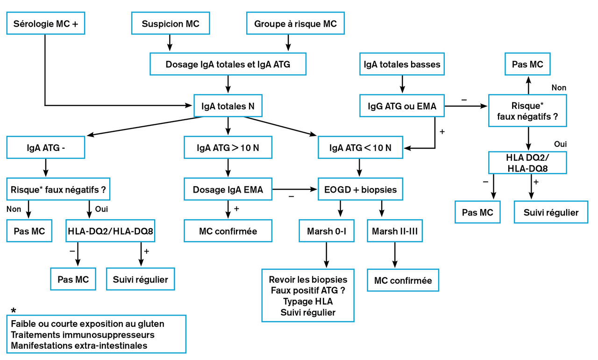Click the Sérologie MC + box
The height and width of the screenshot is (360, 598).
[x=46, y=23]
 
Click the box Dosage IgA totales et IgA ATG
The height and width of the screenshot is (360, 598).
[x=228, y=64]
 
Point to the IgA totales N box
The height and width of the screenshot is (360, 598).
[x=228, y=106]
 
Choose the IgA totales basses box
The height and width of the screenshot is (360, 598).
[x=402, y=64]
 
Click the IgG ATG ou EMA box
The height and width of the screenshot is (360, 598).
[x=402, y=106]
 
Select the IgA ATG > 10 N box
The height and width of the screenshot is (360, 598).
[x=228, y=148]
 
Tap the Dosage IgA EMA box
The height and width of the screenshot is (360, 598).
[x=228, y=189]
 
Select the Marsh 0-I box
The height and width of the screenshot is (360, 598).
[x=326, y=231]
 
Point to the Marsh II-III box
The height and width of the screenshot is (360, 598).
[x=395, y=231]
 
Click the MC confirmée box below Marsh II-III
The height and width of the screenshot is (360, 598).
[x=403, y=281]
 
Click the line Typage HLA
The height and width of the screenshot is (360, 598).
[x=308, y=301]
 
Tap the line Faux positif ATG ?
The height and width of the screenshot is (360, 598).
[x=308, y=290]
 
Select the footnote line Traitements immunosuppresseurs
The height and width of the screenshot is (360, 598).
[x=83, y=335]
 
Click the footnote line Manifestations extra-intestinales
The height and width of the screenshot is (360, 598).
[x=79, y=346]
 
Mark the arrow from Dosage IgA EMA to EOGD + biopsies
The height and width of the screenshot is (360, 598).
[x=294, y=189]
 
